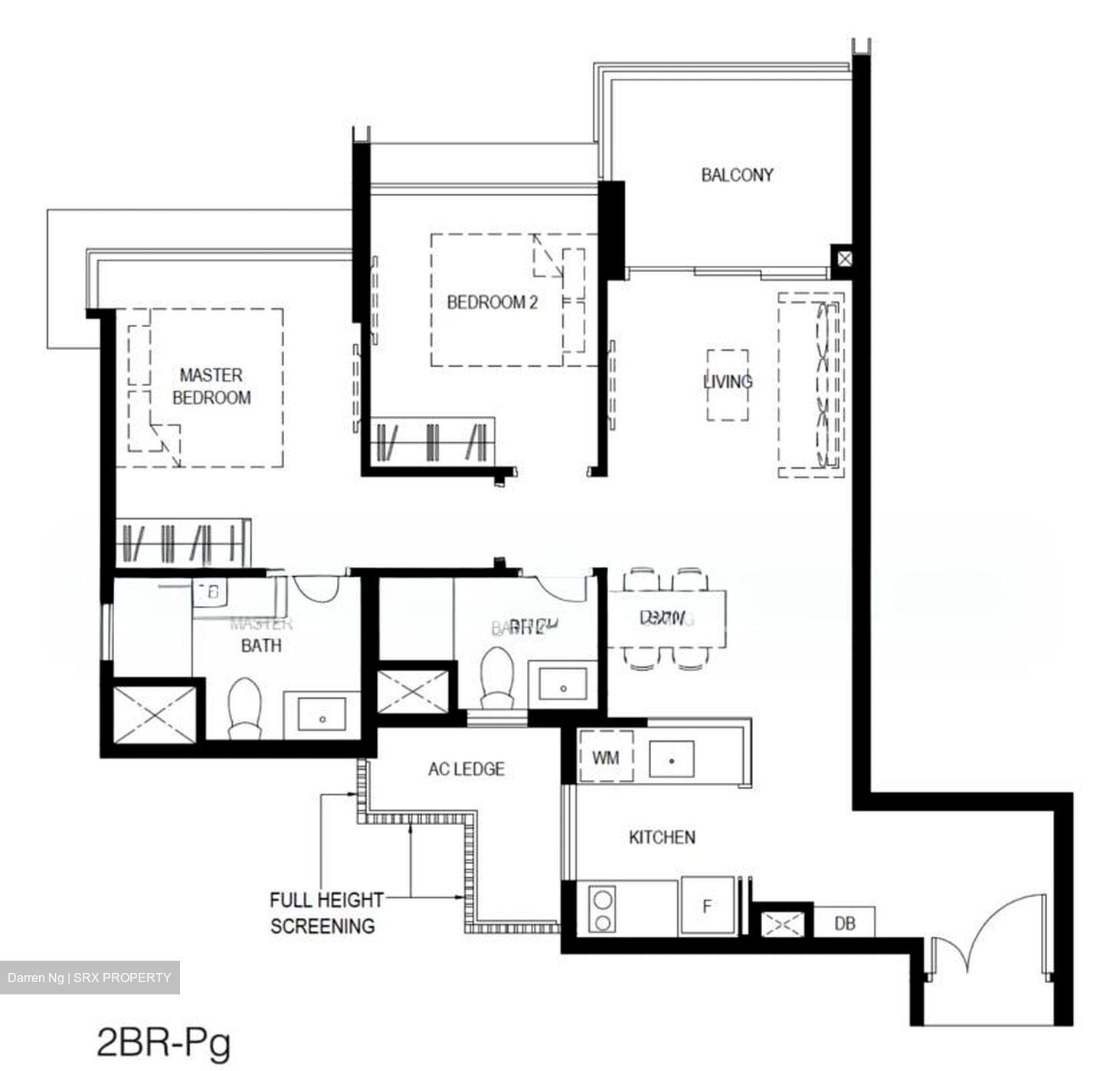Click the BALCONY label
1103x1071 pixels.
point(737,175)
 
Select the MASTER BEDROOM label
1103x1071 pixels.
point(211,386)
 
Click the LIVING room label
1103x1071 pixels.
point(728,381)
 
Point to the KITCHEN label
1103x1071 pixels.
point(662,837)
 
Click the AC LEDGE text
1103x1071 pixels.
point(466,768)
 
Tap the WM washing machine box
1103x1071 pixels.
point(605,758)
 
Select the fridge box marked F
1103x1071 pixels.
point(707,907)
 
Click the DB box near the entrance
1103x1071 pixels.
point(844,924)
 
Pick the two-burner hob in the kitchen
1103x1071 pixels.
point(603,909)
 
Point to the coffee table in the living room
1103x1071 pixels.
point(728,385)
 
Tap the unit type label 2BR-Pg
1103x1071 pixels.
point(164,1043)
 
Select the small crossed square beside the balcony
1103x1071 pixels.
point(843,259)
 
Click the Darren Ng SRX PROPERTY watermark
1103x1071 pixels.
point(90,978)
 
